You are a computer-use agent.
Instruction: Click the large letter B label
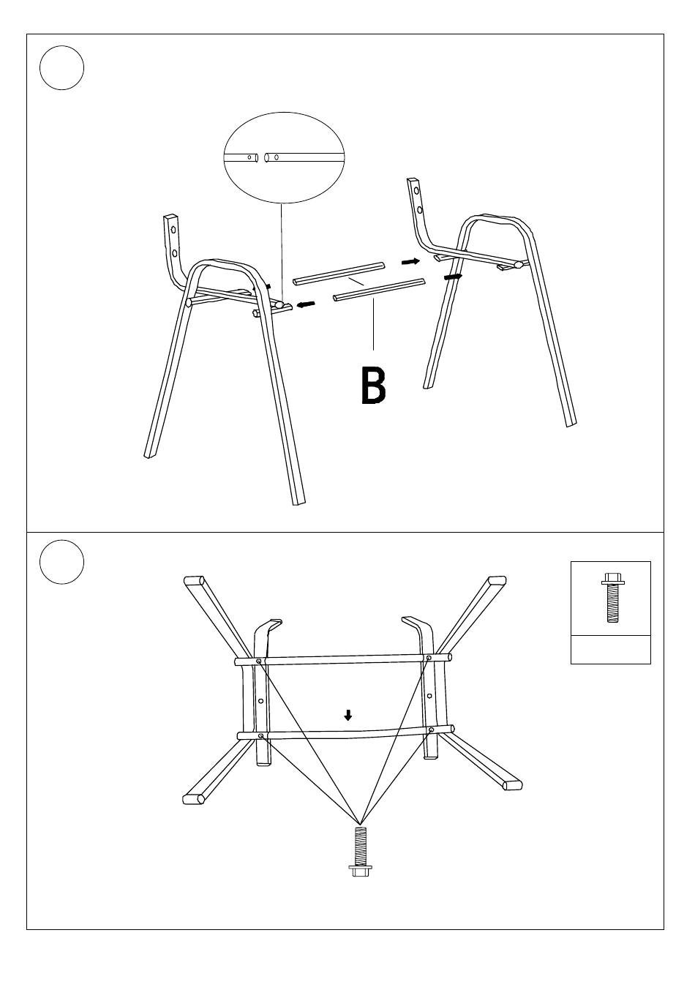pyautogui.click(x=373, y=386)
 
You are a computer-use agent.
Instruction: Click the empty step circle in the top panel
pyautogui.click(x=62, y=67)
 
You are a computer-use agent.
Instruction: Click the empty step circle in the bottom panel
pyautogui.click(x=62, y=562)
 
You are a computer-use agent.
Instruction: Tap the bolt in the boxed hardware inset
pyautogui.click(x=612, y=598)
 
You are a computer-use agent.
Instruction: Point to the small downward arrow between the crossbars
pyautogui.click(x=348, y=715)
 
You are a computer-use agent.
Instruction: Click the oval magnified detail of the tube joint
pyautogui.click(x=284, y=157)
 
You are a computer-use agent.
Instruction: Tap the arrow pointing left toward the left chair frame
pyautogui.click(x=307, y=304)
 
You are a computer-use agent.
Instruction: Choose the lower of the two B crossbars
pyautogui.click(x=379, y=290)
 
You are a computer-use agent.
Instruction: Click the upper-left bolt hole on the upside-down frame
pyautogui.click(x=258, y=661)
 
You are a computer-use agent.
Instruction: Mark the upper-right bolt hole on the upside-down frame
pyautogui.click(x=428, y=658)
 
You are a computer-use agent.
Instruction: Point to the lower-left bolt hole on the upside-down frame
pyautogui.click(x=260, y=736)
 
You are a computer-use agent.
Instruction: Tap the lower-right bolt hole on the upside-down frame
pyautogui.click(x=431, y=730)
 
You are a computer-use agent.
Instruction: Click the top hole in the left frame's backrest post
pyautogui.click(x=174, y=230)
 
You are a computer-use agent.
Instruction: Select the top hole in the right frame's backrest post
pyautogui.click(x=416, y=190)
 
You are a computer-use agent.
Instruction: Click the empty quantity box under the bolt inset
pyautogui.click(x=611, y=649)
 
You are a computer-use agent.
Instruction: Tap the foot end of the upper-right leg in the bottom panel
pyautogui.click(x=497, y=580)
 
